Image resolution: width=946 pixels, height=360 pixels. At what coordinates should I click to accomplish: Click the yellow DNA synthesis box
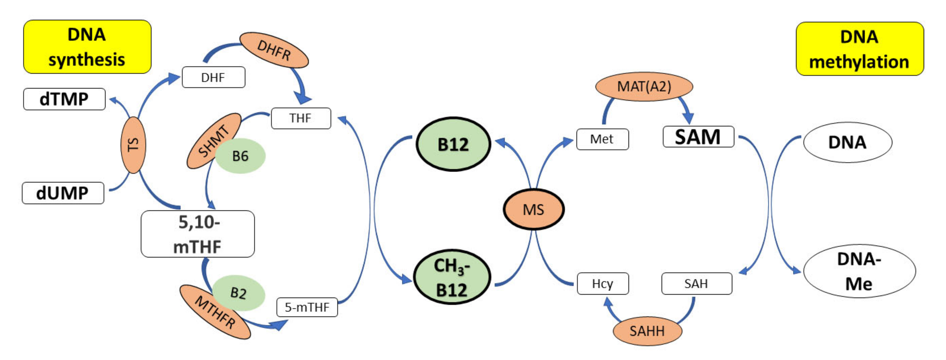[87, 47]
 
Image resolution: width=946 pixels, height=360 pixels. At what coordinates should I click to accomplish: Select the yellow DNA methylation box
[859, 49]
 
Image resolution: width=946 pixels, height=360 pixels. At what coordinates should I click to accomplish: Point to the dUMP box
[63, 193]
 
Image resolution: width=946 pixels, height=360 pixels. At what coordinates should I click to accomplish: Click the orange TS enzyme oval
[133, 145]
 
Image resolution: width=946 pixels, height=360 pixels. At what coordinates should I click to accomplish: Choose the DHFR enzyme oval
[274, 50]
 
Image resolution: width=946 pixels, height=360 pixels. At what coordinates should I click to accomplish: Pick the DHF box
[213, 77]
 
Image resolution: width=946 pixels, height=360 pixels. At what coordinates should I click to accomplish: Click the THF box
[301, 118]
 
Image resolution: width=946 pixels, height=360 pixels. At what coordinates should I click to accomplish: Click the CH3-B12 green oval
[452, 277]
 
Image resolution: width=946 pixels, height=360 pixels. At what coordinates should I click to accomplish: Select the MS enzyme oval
[533, 209]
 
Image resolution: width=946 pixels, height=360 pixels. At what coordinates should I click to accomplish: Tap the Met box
[602, 139]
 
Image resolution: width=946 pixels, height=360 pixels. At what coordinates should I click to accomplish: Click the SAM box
[698, 137]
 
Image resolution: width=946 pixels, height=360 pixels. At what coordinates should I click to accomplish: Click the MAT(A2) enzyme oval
[644, 86]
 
